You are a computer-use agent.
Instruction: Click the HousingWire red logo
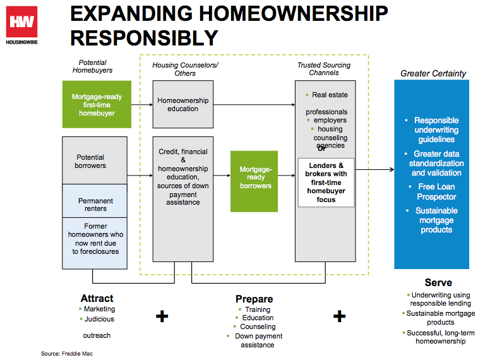22,23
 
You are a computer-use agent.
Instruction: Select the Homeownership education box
182,104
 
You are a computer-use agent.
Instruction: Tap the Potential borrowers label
91,162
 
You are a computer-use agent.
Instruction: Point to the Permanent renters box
95,205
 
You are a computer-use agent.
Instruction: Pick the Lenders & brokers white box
326,183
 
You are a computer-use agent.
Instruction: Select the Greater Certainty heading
433,73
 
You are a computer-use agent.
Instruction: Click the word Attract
97,298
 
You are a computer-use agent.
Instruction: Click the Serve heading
438,282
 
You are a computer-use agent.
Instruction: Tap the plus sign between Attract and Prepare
162,316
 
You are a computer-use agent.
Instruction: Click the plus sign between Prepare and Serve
340,316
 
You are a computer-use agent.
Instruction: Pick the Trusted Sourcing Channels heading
324,69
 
